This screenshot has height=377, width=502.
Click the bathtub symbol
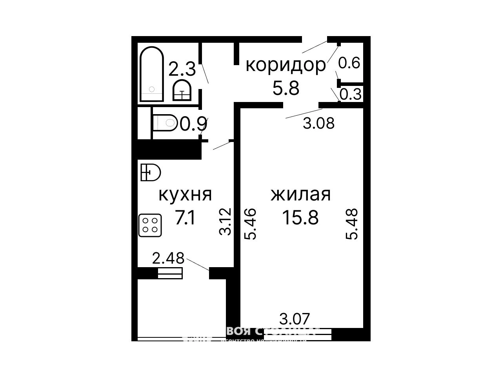[x=152, y=74]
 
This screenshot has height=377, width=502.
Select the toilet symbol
[x=165, y=123]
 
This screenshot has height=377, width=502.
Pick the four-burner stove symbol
[x=150, y=225]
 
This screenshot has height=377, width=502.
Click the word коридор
[x=286, y=65]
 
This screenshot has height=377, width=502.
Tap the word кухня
[x=185, y=195]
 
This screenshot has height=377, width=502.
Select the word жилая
[x=301, y=195]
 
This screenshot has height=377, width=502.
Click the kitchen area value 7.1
[x=185, y=218]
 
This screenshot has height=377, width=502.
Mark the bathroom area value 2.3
[x=182, y=70]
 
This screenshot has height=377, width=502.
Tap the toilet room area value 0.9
[x=194, y=124]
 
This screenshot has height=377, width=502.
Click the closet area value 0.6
[x=349, y=63]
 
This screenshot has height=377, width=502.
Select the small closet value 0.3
[x=350, y=95]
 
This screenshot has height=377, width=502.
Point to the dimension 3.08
[x=319, y=123]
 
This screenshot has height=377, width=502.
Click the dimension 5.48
[x=352, y=224]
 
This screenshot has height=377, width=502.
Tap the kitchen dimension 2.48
[x=168, y=258]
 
